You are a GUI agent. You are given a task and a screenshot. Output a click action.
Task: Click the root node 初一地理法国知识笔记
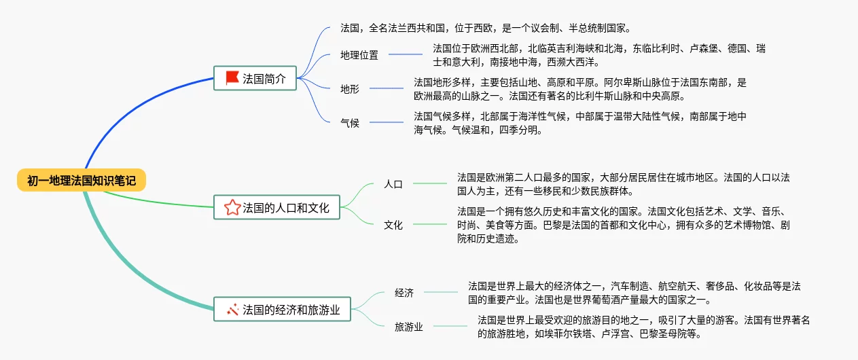pyautogui.click(x=82, y=180)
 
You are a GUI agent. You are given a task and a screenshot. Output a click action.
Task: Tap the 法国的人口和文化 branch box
pyautogui.click(x=276, y=207)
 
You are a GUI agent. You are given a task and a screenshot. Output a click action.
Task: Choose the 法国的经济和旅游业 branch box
pyautogui.click(x=282, y=310)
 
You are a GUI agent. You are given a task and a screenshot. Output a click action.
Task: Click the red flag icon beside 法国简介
pyautogui.click(x=232, y=78)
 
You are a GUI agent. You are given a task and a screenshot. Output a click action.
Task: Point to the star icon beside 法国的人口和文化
pyautogui.click(x=232, y=207)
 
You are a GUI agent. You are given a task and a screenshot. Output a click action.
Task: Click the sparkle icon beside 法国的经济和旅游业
pyautogui.click(x=232, y=310)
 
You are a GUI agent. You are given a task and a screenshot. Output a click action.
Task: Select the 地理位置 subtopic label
pyautogui.click(x=359, y=55)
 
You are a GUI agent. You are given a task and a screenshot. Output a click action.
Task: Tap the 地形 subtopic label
pyautogui.click(x=350, y=88)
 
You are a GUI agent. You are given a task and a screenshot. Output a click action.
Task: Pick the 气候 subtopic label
pyautogui.click(x=350, y=123)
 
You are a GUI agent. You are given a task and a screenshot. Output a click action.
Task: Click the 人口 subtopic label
pyautogui.click(x=393, y=183)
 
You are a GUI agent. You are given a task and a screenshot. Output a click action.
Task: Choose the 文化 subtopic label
pyautogui.click(x=393, y=224)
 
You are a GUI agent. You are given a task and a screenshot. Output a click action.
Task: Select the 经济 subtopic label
pyautogui.click(x=404, y=293)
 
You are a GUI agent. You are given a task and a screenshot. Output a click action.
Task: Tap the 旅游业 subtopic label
pyautogui.click(x=409, y=327)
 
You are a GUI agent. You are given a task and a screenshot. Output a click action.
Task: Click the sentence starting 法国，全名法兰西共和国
pyautogui.click(x=486, y=29)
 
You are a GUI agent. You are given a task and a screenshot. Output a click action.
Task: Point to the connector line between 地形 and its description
pyautogui.click(x=386, y=88)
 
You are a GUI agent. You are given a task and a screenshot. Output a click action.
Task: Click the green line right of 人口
pyautogui.click(x=429, y=183)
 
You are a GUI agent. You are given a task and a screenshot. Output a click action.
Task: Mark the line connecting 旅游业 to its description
pyautogui.click(x=450, y=327)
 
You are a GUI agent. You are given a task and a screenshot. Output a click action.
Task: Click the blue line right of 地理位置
pyautogui.click(x=406, y=55)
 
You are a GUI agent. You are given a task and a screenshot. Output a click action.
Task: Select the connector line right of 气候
pyautogui.click(x=386, y=123)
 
